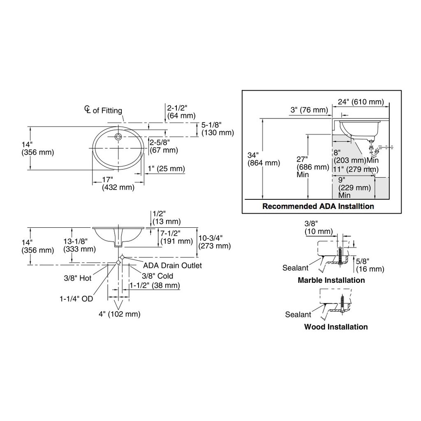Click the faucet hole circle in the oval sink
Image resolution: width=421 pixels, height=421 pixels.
(118, 136)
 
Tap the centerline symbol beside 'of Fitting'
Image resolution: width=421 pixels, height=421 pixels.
(88, 109)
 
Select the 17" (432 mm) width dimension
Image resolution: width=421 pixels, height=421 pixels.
(118, 183)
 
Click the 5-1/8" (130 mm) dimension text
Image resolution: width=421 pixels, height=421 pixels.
(217, 129)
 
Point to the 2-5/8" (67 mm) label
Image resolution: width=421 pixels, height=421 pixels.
(164, 146)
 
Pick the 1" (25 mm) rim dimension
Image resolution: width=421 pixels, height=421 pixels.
(166, 169)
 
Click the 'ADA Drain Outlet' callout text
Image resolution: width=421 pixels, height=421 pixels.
(172, 266)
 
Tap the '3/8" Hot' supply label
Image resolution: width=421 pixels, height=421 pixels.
(78, 278)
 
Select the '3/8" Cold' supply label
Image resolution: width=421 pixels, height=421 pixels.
(157, 276)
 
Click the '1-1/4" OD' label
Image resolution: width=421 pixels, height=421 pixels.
(76, 298)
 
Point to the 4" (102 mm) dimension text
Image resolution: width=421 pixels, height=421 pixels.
(120, 314)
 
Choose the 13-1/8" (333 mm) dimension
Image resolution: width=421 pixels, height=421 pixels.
(79, 245)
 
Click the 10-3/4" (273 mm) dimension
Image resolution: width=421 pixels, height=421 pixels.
(215, 242)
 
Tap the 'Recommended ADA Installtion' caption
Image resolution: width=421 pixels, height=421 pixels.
(318, 206)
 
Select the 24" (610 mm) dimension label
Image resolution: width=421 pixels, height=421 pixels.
(361, 102)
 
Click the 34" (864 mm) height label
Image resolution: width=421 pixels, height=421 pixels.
(264, 159)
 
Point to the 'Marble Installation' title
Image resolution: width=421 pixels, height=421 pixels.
(331, 280)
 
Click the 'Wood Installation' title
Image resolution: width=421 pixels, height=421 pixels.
(336, 327)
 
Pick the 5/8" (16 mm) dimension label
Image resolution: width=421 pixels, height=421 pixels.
(370, 265)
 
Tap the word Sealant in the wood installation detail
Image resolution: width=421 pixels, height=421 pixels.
(298, 315)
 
